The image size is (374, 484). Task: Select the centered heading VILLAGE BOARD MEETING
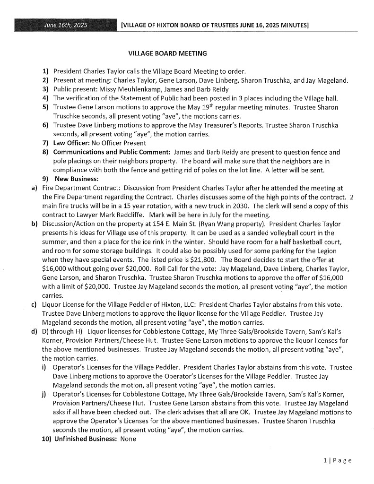tap(167, 53)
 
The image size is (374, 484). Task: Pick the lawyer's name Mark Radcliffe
tap(108, 215)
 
